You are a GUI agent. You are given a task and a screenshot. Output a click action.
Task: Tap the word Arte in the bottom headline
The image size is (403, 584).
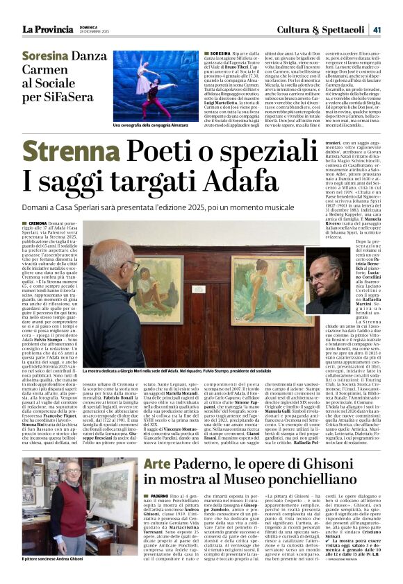point(156,462)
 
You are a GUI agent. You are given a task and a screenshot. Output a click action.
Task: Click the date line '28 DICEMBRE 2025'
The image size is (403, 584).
point(92,32)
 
